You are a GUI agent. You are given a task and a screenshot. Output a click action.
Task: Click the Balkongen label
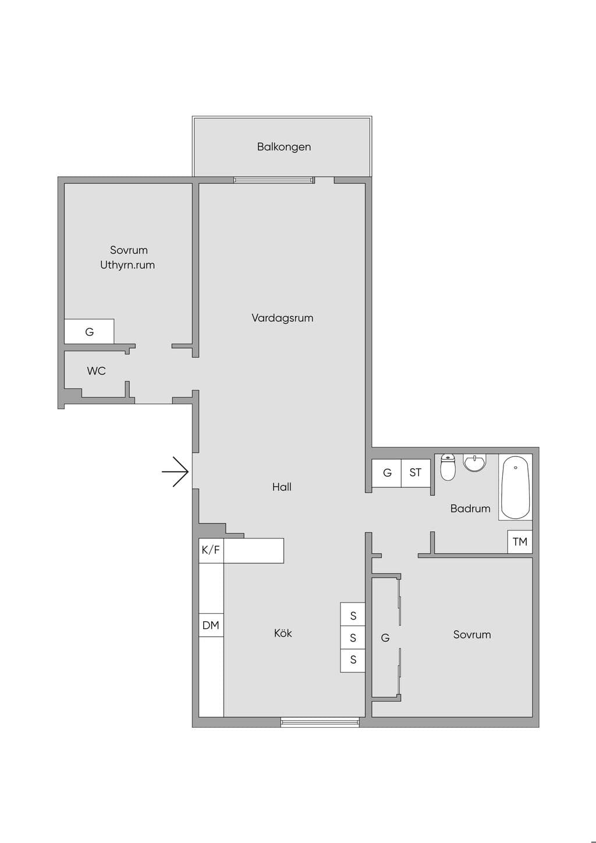tap(283, 147)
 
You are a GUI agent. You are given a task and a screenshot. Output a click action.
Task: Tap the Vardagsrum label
tap(282, 318)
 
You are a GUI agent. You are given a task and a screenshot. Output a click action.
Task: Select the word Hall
tap(282, 487)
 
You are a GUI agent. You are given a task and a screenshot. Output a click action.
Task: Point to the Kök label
tap(282, 633)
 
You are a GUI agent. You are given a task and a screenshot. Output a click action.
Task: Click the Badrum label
tap(470, 509)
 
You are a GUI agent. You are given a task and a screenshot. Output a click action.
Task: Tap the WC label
tap(96, 371)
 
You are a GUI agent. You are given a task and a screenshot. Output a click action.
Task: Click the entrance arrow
tap(175, 472)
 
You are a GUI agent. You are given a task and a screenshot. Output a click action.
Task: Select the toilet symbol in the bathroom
tap(448, 467)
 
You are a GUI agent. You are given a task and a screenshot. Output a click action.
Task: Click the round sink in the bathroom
tap(475, 462)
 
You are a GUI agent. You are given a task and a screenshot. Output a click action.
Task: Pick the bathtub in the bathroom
tap(515, 487)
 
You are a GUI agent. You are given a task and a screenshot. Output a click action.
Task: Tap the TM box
tap(520, 541)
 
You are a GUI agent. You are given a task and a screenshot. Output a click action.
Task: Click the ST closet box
tap(416, 473)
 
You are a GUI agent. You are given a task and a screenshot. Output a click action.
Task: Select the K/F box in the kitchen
tap(211, 551)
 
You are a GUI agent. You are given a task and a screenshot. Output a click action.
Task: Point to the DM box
tap(211, 625)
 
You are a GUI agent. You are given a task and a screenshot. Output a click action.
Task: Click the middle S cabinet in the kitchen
tap(353, 637)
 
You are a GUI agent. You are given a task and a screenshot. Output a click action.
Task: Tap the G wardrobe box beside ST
tap(387, 473)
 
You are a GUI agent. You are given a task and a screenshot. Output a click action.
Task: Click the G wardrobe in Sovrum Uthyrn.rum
tap(89, 332)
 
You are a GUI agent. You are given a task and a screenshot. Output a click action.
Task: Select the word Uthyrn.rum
tap(127, 265)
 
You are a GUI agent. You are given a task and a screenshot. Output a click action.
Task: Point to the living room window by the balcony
tap(274, 180)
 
